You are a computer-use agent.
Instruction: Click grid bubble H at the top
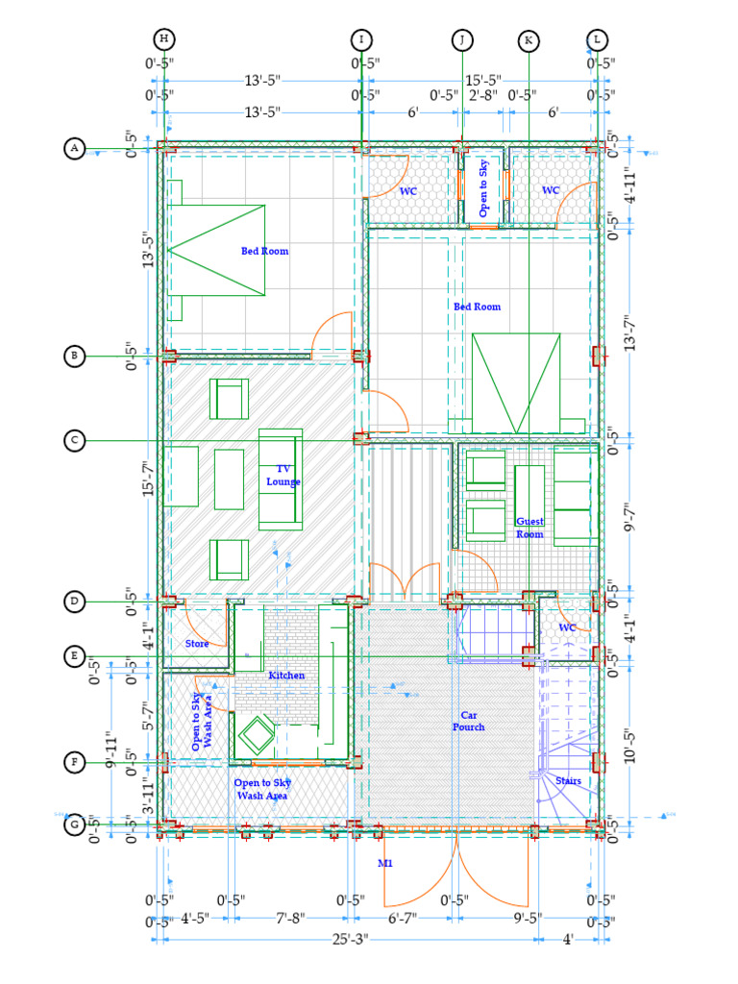[164, 38]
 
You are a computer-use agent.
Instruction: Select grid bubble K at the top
[528, 40]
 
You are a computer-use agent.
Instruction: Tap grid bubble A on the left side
[74, 148]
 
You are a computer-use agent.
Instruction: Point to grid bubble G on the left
[74, 825]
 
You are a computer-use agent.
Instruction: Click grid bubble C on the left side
[74, 441]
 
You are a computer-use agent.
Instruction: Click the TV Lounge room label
[283, 475]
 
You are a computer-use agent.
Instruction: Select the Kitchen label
[286, 676]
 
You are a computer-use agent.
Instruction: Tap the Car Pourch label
[469, 721]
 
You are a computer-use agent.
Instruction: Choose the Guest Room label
[529, 528]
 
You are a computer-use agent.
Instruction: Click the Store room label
[197, 644]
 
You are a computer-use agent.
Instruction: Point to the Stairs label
[568, 781]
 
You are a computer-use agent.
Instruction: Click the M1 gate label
[385, 864]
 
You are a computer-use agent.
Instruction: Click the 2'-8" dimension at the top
[482, 95]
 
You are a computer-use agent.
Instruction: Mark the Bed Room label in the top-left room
[264, 251]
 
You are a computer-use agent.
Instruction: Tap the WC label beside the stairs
[567, 627]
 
